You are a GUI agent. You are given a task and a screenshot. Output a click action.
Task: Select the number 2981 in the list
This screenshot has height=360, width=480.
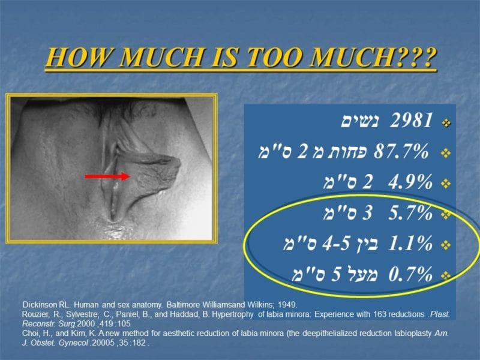coord(411,122)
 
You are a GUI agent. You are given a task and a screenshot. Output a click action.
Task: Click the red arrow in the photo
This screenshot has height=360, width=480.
coord(108,176)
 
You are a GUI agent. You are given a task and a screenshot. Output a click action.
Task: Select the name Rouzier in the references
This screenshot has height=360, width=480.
coord(35,314)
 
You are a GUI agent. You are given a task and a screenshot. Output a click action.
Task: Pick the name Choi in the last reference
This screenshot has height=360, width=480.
coord(31,334)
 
